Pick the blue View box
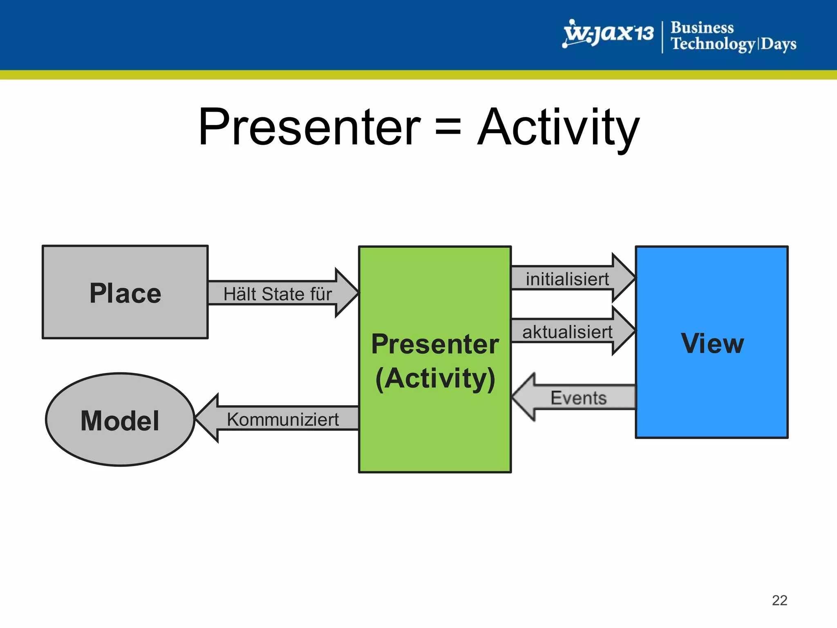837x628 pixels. click(712, 388)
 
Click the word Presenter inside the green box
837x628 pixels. click(435, 344)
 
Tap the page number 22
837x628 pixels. click(779, 600)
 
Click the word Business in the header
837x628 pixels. click(702, 27)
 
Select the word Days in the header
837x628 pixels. click(778, 44)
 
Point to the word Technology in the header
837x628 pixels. click(713, 44)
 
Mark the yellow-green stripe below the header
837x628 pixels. click(418, 75)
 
